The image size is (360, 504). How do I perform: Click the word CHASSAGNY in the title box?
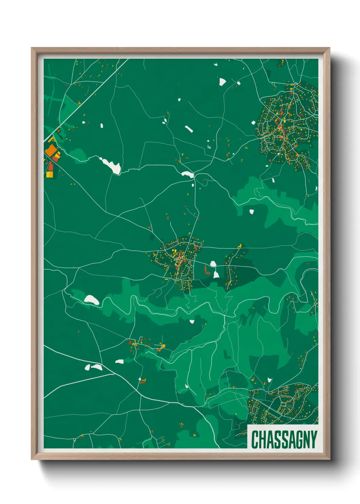[x=284, y=439]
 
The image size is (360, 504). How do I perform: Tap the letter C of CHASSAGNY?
[x=255, y=439]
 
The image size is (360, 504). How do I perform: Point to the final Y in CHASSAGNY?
[x=313, y=439]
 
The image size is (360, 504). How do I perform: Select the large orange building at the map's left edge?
[x=51, y=150]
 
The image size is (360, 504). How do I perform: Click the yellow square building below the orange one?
[x=50, y=174]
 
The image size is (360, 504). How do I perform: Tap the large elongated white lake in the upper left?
[x=110, y=165]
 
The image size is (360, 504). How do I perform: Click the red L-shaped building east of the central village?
[x=207, y=270]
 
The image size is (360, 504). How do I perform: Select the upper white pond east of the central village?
[x=213, y=264]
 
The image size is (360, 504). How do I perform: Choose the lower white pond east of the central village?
[x=216, y=274]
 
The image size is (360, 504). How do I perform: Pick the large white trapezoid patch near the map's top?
[x=222, y=81]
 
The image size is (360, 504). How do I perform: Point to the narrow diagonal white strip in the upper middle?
[x=189, y=129]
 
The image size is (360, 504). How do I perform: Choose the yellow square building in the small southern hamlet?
[x=163, y=346]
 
